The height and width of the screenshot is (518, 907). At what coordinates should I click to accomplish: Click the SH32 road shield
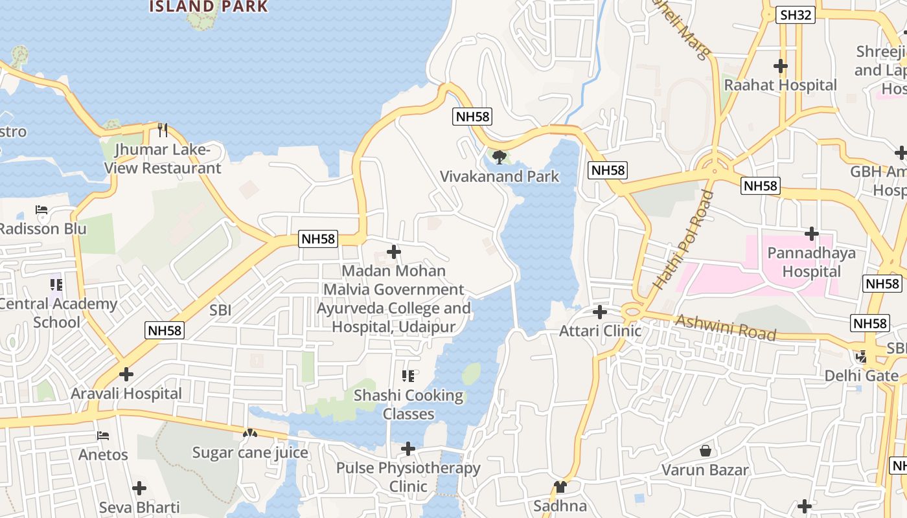(x=795, y=15)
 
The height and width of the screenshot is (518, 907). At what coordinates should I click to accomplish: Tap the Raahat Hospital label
(x=780, y=85)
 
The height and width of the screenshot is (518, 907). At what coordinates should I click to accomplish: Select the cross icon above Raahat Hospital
(x=781, y=65)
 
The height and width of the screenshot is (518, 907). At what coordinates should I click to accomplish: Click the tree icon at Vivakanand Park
(x=499, y=157)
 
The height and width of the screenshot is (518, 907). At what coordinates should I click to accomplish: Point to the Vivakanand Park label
(x=499, y=176)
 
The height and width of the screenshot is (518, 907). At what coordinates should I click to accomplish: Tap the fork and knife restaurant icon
(x=163, y=130)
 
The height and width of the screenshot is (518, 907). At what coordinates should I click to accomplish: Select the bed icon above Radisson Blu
(x=41, y=210)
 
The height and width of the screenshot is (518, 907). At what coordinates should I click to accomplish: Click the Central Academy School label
(x=57, y=313)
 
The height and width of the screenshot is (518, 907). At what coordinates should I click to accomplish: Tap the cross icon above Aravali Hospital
(x=126, y=374)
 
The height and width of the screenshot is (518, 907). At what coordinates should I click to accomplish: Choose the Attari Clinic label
(x=600, y=331)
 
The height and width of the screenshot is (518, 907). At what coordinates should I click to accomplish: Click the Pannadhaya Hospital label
(x=811, y=262)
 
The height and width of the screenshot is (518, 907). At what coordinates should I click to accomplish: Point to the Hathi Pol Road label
(x=683, y=240)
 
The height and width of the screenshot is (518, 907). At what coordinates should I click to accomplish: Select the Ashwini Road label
(x=726, y=327)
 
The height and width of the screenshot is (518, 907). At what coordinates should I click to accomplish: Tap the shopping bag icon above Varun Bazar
(x=706, y=450)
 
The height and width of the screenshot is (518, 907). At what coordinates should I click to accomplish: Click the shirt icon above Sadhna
(x=560, y=486)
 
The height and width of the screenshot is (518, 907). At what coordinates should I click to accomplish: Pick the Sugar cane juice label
(x=250, y=452)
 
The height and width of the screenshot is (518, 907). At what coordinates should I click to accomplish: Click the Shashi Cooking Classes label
(x=408, y=404)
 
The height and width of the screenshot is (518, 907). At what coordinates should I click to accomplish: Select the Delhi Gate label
(x=861, y=376)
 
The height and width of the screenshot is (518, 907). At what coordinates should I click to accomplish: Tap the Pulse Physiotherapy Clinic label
(x=408, y=477)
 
